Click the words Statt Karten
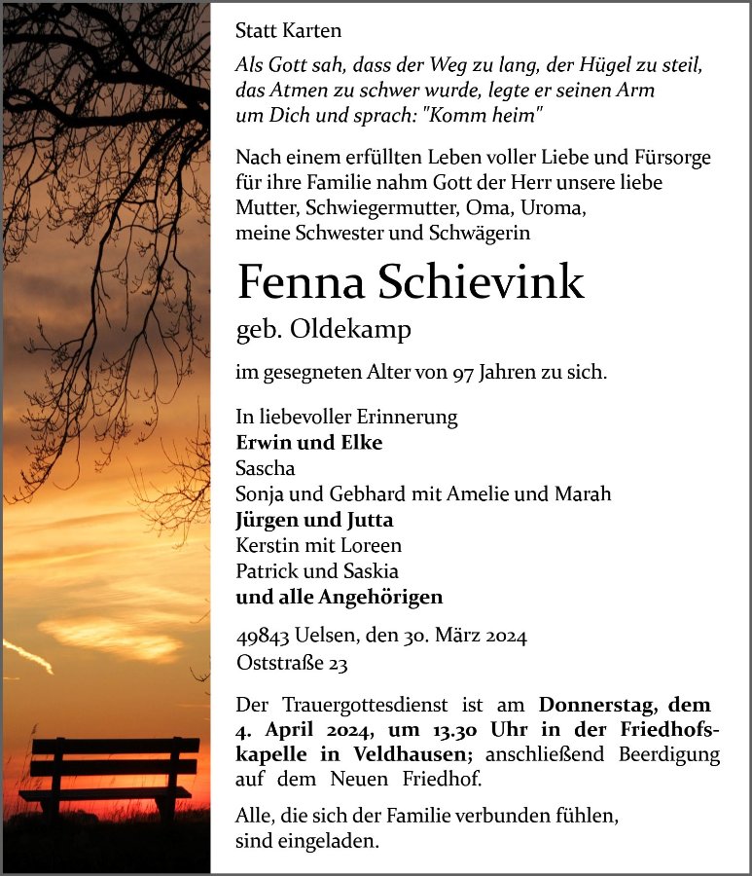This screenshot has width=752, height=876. (x=288, y=31)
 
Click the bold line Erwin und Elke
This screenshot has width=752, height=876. (x=308, y=442)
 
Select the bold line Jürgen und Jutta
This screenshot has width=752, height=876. (x=314, y=520)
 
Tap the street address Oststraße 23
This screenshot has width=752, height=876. (x=291, y=664)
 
